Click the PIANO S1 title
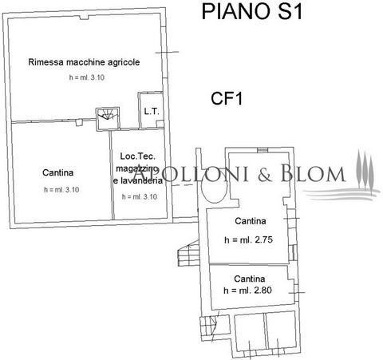252,12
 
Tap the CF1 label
227,98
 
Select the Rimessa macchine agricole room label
84,62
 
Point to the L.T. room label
152,112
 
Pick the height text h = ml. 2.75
248,240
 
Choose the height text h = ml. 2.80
247,290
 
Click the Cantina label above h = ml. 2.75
251,221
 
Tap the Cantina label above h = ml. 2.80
250,279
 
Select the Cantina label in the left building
57,172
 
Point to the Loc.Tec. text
137,156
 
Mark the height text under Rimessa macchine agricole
87,77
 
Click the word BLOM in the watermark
313,173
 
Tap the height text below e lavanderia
140,197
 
